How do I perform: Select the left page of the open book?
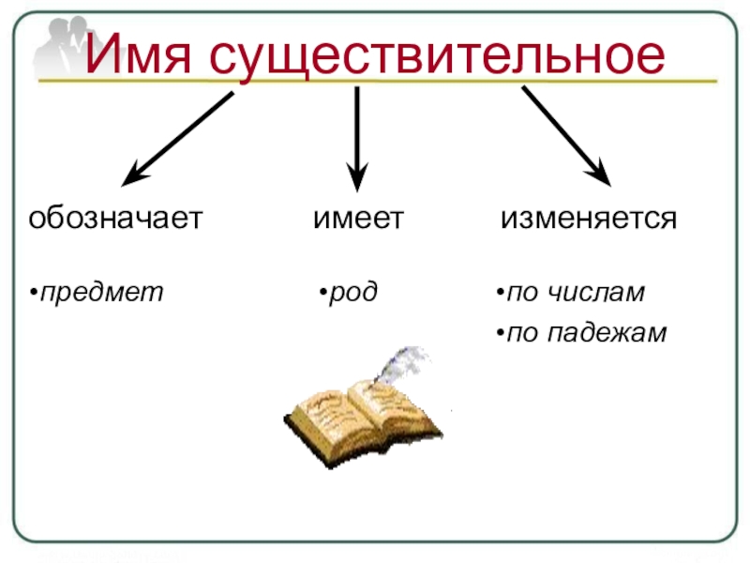tap(327, 407)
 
